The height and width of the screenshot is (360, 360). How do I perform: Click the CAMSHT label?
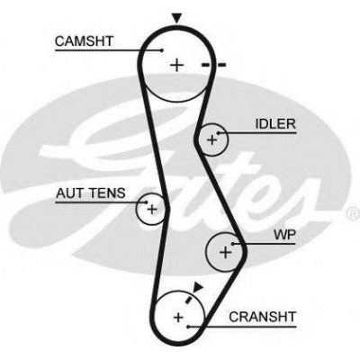coord(84,41)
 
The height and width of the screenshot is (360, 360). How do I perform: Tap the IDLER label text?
coord(275,124)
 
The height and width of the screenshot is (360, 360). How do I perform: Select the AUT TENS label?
coord(91,193)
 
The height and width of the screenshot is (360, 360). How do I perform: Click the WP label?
coord(284,235)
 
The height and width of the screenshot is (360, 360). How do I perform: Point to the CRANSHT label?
coord(263,317)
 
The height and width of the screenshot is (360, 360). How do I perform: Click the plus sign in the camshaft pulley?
coord(176,65)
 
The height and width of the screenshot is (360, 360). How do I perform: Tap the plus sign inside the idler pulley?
coord(212,139)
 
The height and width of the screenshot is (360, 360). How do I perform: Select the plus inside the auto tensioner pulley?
coord(152,209)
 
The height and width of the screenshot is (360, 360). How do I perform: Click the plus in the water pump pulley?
coord(226,252)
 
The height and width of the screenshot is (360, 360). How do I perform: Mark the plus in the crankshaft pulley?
coord(178,317)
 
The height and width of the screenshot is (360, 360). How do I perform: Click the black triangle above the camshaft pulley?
coord(177,19)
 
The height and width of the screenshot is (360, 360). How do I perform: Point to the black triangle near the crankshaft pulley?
coord(198,287)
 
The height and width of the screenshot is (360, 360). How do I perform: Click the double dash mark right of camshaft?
coord(213,65)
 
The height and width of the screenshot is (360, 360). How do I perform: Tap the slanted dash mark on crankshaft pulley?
coord(189,299)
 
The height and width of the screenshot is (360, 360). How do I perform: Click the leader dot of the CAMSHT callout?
coord(162,50)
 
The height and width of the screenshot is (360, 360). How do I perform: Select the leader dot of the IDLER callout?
coord(219,133)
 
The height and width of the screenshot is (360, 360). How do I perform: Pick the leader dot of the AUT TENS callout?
coord(147,202)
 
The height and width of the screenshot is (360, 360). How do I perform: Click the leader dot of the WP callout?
coord(233,244)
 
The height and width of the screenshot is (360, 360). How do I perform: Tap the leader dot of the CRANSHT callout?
coord(188,326)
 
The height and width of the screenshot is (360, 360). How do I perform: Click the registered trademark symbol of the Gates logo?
coord(354,213)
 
